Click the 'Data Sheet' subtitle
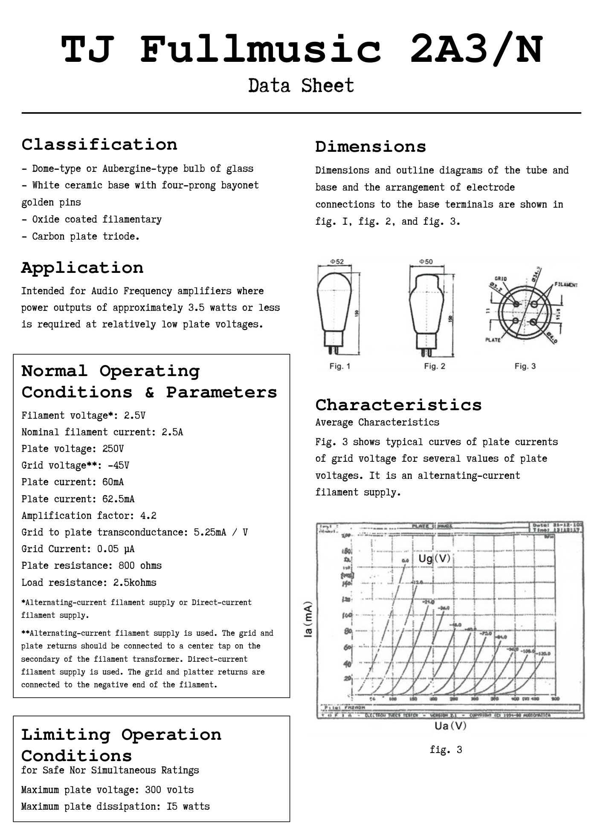click(x=301, y=86)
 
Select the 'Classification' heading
click(x=99, y=145)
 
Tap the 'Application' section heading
click(x=82, y=268)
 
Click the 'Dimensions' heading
click(x=371, y=147)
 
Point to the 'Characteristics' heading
click(x=398, y=405)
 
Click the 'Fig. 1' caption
click(x=339, y=366)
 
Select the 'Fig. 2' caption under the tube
click(x=434, y=366)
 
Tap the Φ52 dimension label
click(x=337, y=261)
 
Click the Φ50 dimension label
click(x=426, y=261)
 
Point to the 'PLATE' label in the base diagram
click(x=493, y=340)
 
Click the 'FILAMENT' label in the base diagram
click(x=566, y=284)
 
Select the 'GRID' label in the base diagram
click(x=501, y=278)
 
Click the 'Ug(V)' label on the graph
click(x=434, y=559)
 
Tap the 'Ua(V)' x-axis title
click(x=450, y=725)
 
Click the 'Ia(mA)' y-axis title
click(x=308, y=620)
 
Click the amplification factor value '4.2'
click(x=148, y=516)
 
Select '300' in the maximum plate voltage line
click(x=153, y=790)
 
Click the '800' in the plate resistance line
click(x=127, y=566)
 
